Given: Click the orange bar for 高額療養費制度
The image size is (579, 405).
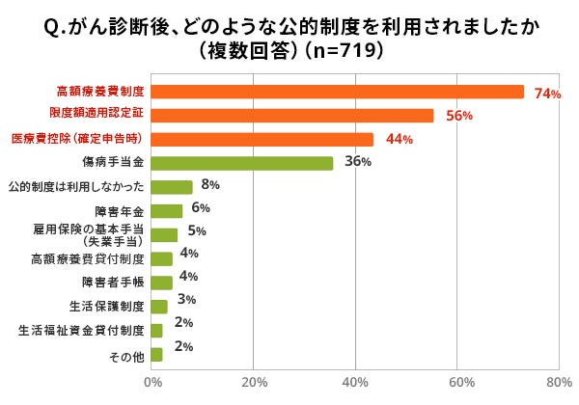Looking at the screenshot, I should tap(338, 92).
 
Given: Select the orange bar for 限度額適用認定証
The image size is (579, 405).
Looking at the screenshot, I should tap(292, 116).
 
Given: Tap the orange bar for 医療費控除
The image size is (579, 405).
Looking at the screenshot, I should tap(262, 139).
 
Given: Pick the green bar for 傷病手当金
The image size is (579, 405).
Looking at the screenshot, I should tap(242, 163).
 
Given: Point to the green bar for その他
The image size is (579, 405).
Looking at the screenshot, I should tap(157, 355).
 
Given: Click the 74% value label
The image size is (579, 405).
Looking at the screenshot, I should tap(547, 94).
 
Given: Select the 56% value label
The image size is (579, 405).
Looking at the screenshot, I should tap(458, 117).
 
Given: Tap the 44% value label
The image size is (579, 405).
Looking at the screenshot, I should tap(400, 140).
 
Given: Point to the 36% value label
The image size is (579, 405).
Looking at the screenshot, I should tap(358, 162).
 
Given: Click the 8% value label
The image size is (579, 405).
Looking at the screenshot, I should tap(210, 184).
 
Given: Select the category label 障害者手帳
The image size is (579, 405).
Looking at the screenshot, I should tap(113, 283).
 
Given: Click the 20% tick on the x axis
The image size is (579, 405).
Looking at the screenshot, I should tap(254, 383).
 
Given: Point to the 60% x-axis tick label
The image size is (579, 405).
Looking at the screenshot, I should tap(457, 383).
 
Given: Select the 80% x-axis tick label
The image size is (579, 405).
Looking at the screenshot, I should tap(558, 383).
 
